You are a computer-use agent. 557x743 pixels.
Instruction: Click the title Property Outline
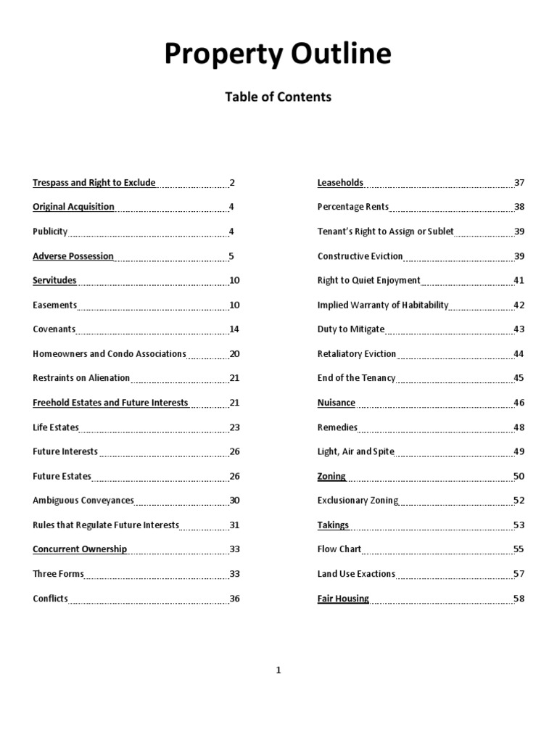[x=278, y=55]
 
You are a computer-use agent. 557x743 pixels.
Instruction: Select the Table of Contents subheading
[x=278, y=97]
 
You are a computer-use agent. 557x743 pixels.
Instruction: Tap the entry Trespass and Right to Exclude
[x=94, y=183]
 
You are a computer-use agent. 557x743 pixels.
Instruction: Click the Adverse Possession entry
[x=73, y=256]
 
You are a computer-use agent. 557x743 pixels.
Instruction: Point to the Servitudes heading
[x=54, y=280]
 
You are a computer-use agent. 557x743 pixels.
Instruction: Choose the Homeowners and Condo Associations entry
[x=110, y=354]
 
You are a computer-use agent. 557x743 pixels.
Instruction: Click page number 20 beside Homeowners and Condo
[x=234, y=354]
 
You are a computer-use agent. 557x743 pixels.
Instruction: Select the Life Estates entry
[x=56, y=427]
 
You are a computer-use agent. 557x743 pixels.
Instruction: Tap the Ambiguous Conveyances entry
[x=83, y=501]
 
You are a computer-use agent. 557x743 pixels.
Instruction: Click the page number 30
[x=234, y=501]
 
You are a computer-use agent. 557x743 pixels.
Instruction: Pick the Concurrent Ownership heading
[x=80, y=549]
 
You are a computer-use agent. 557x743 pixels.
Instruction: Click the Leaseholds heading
[x=340, y=183]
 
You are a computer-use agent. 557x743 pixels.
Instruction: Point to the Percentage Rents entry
[x=353, y=207]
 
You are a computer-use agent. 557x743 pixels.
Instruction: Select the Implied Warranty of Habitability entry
[x=383, y=305]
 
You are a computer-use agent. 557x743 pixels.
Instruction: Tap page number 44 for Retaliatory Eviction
[x=519, y=354]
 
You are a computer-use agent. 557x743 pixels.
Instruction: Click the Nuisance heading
[x=337, y=403]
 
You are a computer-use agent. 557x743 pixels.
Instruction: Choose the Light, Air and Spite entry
[x=356, y=451]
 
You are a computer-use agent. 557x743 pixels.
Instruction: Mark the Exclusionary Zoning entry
[x=358, y=501]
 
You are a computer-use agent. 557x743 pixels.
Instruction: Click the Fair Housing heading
[x=343, y=599]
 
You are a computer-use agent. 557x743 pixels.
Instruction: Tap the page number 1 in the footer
[x=278, y=670]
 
